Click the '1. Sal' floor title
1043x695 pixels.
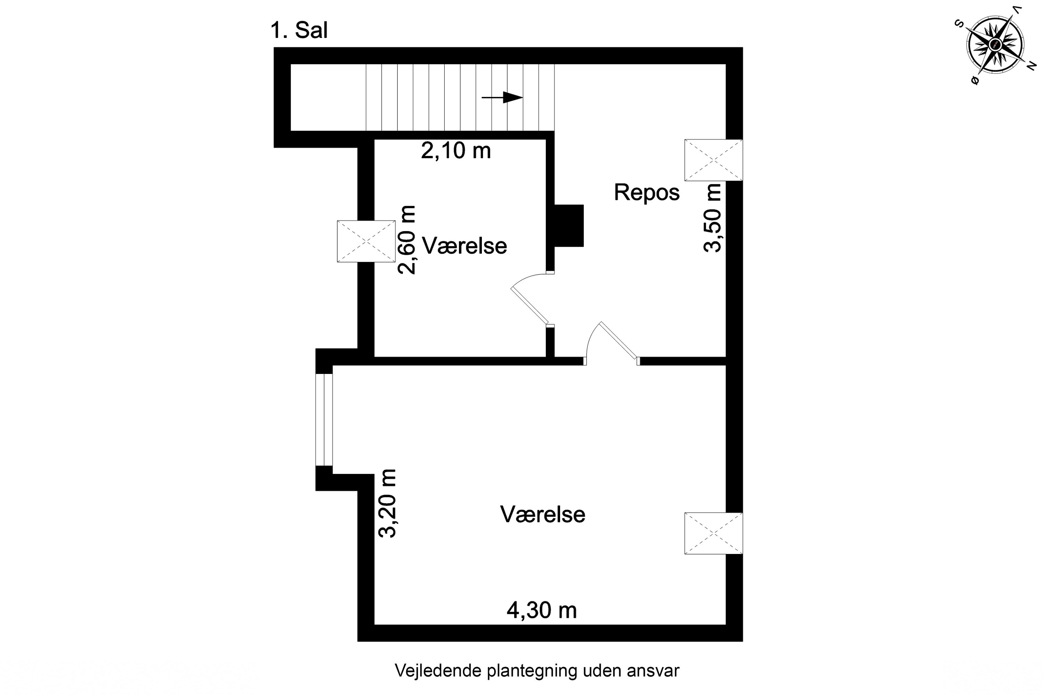[x=299, y=31]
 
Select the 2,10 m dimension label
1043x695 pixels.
[x=455, y=151]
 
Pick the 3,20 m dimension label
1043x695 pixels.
[x=387, y=503]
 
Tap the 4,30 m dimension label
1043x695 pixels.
[x=541, y=610]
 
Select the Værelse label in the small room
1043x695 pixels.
[x=464, y=246]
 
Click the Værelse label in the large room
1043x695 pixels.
[x=542, y=515]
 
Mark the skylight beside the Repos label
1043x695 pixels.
[x=713, y=160]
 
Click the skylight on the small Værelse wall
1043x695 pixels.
[x=366, y=241]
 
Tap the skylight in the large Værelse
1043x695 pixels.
[x=713, y=533]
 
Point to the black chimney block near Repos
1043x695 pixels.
[x=569, y=226]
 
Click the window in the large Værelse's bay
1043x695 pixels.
[x=324, y=420]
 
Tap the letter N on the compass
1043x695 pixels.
[x=1032, y=66]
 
